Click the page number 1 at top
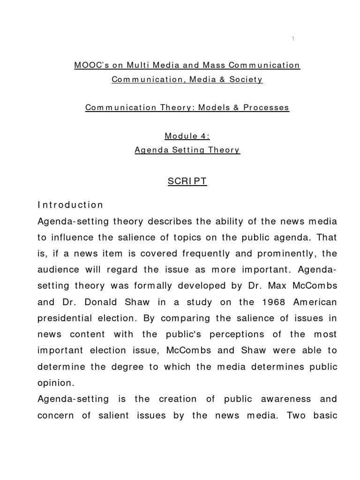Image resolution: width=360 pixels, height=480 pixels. click(292, 39)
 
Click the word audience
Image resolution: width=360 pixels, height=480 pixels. click(55, 270)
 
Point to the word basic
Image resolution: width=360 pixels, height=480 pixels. click(322, 415)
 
